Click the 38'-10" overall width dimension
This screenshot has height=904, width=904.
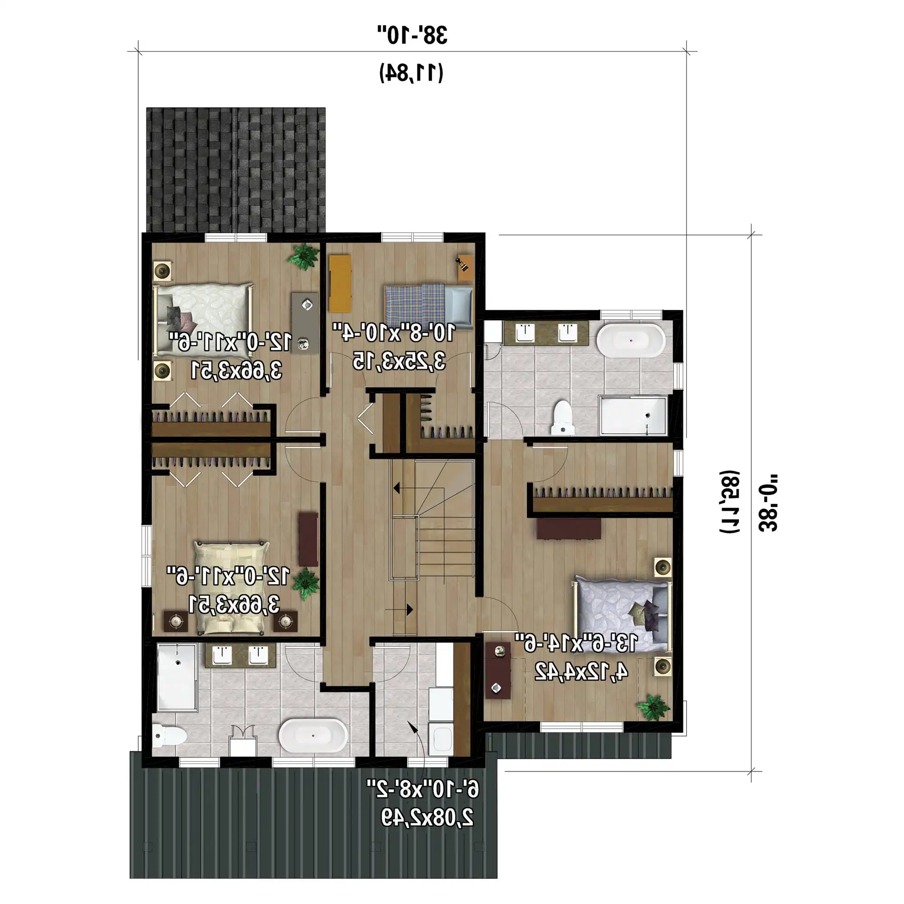412,35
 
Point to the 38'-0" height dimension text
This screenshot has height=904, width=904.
768,503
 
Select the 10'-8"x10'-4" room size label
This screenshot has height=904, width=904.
394,333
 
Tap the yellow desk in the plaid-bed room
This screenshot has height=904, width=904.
340,283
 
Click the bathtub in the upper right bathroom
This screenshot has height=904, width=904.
631,341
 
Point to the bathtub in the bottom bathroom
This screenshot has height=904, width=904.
313,735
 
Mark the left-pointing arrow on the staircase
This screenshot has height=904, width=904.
396,489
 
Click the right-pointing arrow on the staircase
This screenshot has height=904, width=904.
410,610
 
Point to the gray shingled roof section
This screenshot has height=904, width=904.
236,170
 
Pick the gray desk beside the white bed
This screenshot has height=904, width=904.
305,323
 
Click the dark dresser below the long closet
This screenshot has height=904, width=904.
569,528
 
